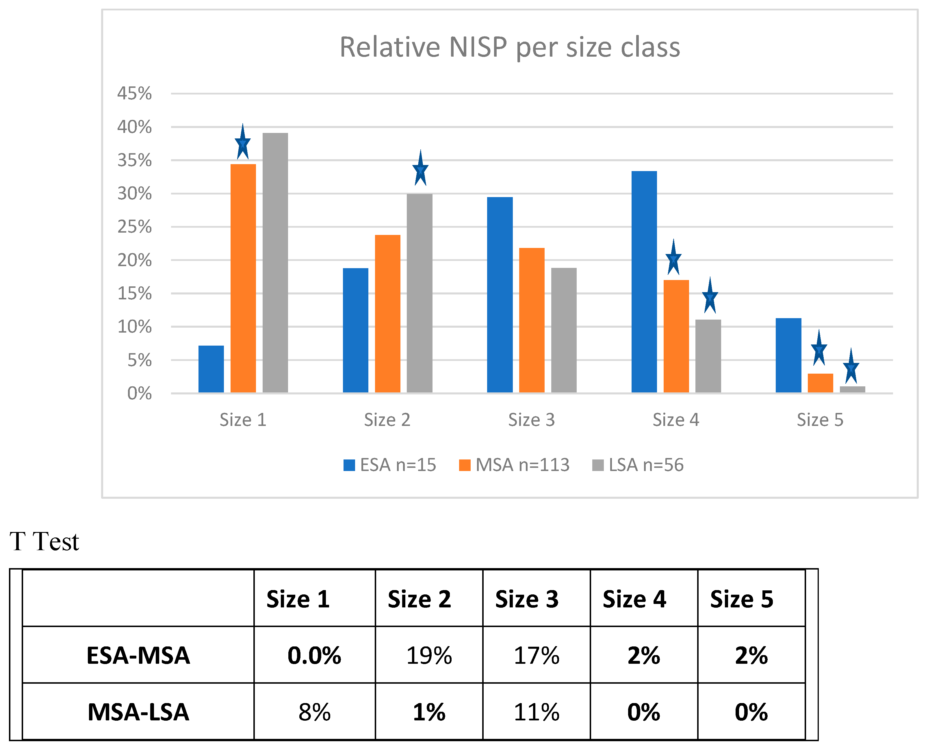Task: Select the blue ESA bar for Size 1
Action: coord(211,369)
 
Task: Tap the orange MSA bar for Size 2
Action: coord(387,314)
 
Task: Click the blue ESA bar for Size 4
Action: coord(644,282)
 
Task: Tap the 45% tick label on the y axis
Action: coord(135,93)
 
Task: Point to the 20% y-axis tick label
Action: coord(135,260)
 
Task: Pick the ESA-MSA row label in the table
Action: coord(138,655)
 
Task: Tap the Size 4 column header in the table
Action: coord(634,599)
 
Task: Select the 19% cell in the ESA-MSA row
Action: coord(429,655)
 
